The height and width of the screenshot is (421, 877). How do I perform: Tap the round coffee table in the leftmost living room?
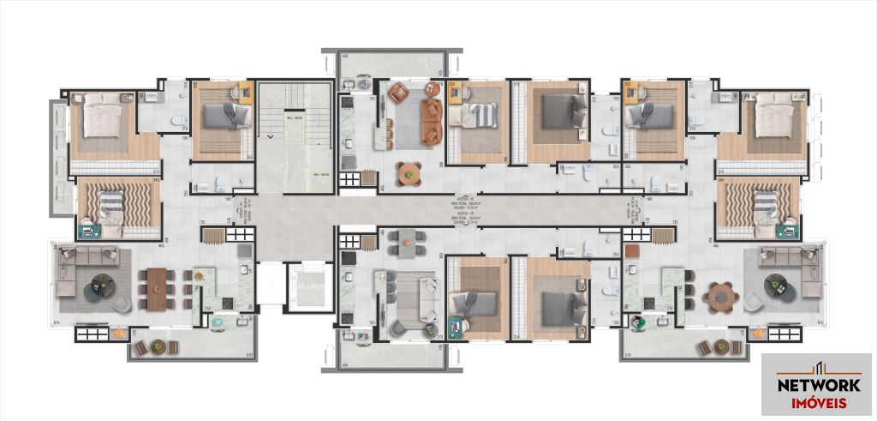click(103, 286)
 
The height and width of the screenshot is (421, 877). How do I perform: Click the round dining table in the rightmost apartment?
click(720, 297)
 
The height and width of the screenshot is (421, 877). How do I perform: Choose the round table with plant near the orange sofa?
click(409, 174)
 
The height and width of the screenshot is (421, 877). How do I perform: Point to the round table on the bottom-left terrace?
click(157, 347)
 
